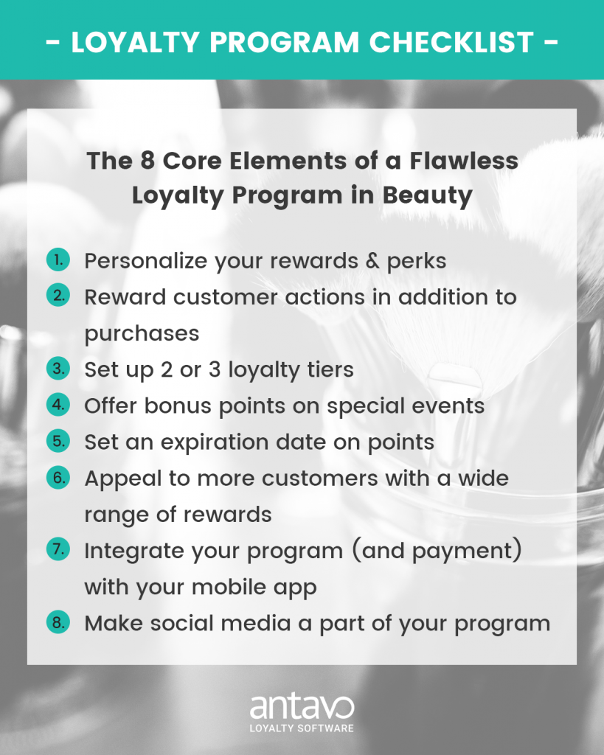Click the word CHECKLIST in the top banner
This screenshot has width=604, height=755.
pos(451,42)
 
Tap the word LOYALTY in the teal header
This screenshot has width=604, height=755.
pos(136,42)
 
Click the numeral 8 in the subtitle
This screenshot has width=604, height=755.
pos(147,160)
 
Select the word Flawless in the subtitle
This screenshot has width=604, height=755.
pos(464,160)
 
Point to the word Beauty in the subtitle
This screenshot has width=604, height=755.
pos(427,196)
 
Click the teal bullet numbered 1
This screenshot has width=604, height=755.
pos(58,260)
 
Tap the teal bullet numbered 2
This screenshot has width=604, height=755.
pos(58,296)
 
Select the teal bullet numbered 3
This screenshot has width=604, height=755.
pos(58,369)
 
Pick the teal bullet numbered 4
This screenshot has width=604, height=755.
pos(58,405)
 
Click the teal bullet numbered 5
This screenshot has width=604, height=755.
pos(58,441)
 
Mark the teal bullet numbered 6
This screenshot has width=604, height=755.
pos(58,477)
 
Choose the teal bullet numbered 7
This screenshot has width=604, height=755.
pos(58,549)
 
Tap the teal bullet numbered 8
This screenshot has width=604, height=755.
pos(58,622)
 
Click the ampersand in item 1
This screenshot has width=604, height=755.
pos(373,260)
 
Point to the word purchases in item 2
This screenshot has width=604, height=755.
pos(142,334)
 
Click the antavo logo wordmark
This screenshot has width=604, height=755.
pos(302,707)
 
